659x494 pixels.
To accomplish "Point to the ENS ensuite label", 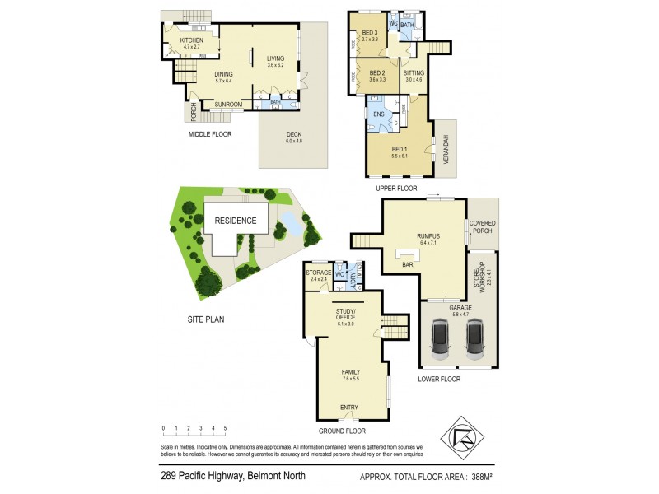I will [x=379, y=114].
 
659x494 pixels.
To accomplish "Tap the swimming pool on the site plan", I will [x=291, y=223].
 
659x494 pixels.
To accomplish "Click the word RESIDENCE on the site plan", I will [x=236, y=221].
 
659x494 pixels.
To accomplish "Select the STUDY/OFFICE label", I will [x=344, y=314].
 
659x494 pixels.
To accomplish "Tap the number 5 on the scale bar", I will [x=225, y=428].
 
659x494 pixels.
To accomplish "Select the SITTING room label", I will [x=414, y=73].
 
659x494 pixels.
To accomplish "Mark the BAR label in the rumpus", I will [x=406, y=266].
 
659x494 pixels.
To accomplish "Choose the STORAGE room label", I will [x=318, y=273].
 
